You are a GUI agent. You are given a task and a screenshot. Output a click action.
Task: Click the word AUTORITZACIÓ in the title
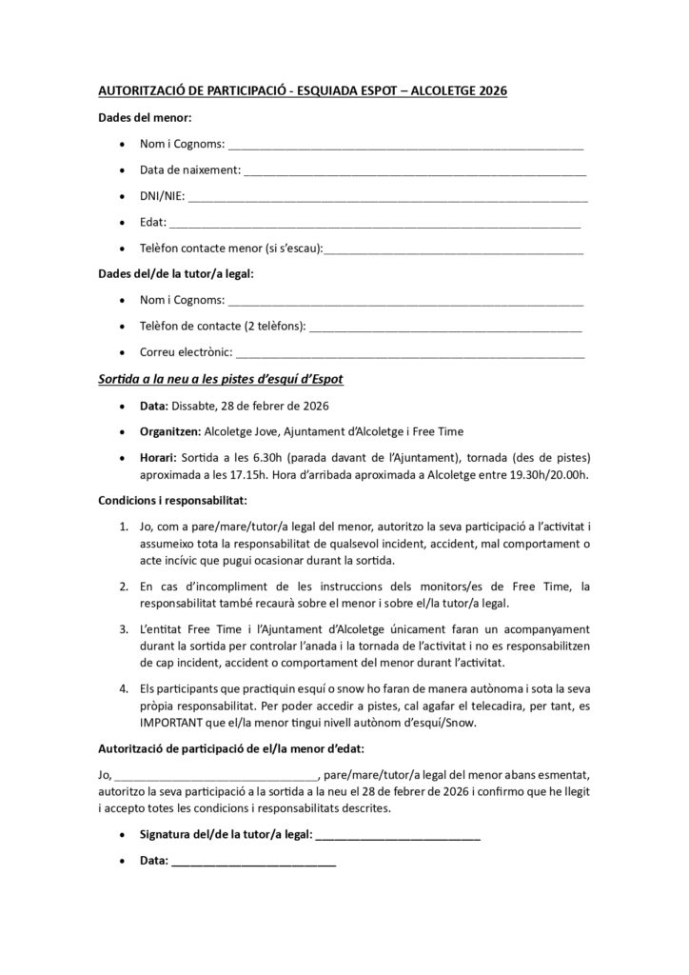pos(144,91)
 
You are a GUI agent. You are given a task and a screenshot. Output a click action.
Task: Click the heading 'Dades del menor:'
pos(145,118)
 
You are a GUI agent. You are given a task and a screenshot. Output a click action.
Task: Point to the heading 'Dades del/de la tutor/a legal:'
pos(176,274)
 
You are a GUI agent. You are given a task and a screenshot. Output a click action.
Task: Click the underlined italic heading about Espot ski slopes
pos(221,379)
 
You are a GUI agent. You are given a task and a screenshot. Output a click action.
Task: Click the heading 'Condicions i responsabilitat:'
pos(172,499)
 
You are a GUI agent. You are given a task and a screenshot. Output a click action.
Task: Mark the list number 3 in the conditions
pos(125,630)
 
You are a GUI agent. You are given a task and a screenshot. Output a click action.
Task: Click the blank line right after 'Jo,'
pos(216,775)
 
